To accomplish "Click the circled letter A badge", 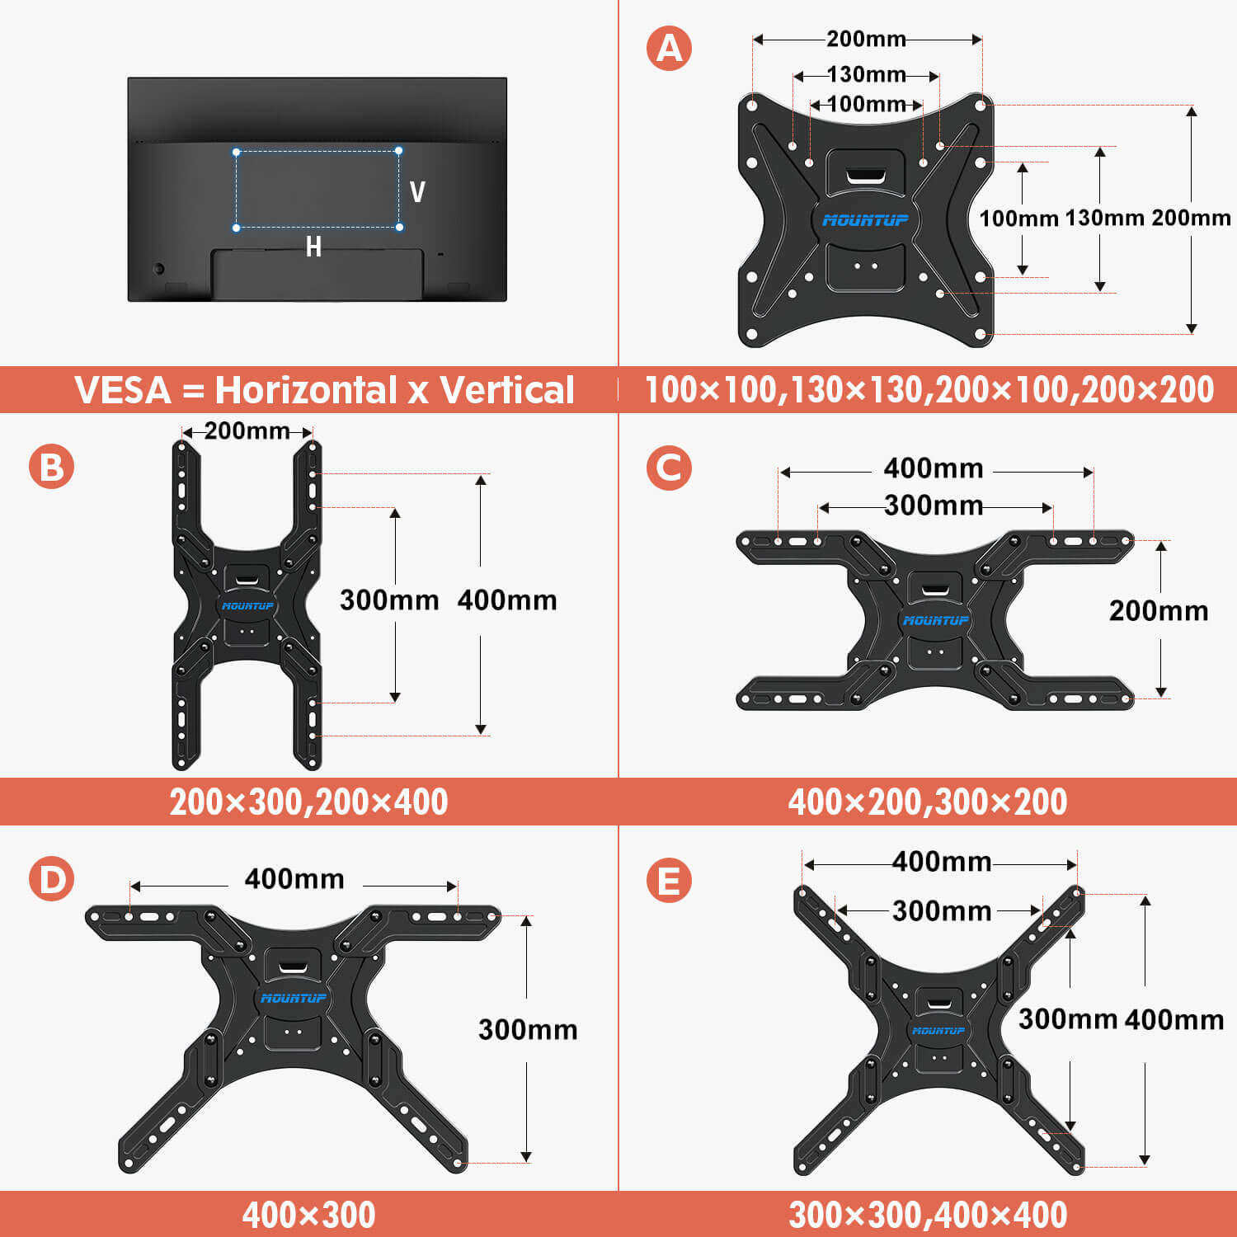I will click(x=669, y=48).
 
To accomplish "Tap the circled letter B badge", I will click(x=51, y=466).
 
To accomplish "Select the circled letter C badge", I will click(x=669, y=468).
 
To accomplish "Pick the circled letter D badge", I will click(x=51, y=879).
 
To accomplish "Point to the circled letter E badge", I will click(x=669, y=880).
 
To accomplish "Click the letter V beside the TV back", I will click(x=417, y=192).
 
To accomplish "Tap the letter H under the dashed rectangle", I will click(x=313, y=247).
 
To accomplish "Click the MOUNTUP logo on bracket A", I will click(x=865, y=220).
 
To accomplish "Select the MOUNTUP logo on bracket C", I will click(x=936, y=620).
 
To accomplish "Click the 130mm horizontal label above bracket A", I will click(x=866, y=75).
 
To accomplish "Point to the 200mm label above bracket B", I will click(x=247, y=430).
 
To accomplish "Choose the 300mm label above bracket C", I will click(x=934, y=505).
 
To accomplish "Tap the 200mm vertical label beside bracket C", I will click(x=1158, y=611).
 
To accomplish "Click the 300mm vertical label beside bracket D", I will click(x=528, y=1029).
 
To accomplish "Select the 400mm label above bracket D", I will click(x=294, y=879).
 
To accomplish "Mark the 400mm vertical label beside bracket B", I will click(x=506, y=600).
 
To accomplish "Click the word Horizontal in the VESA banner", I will click(x=305, y=390).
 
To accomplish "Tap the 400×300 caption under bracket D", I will click(x=308, y=1215).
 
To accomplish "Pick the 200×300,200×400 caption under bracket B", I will click(x=308, y=802).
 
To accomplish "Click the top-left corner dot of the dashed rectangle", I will click(x=237, y=153).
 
